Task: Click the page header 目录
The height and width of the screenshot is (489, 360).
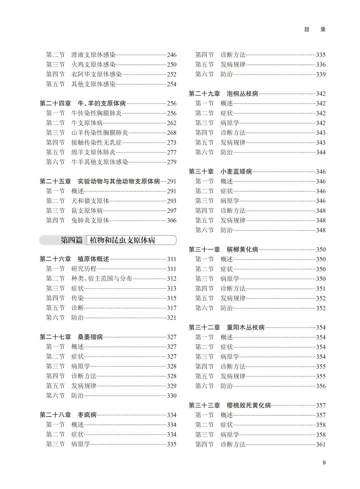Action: [x=315, y=29]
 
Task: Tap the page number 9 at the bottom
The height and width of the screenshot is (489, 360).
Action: [x=324, y=462]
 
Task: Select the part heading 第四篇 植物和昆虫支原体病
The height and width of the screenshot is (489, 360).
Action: [x=108, y=240]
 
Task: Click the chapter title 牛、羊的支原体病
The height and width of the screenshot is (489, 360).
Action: [x=102, y=103]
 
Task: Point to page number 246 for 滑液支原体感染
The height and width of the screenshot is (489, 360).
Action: [x=171, y=55]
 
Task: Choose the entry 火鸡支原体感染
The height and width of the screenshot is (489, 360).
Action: [x=93, y=65]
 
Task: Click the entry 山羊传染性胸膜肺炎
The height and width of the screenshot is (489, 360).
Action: [x=100, y=133]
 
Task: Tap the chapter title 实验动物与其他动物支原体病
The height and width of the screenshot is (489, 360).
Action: [x=119, y=181]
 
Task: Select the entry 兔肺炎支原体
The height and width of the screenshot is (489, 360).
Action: [x=90, y=220]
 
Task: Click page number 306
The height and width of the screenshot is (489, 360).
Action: [x=171, y=220]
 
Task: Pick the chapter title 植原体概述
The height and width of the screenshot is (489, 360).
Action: [x=93, y=259]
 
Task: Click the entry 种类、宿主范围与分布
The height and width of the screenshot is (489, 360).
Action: [x=102, y=279]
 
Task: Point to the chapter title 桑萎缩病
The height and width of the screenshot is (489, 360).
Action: [x=90, y=337]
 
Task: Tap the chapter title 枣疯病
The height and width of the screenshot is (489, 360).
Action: [x=87, y=415]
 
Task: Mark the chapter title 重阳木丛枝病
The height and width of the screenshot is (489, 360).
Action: [x=246, y=328]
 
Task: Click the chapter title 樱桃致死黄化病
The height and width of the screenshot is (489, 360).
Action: [x=249, y=405]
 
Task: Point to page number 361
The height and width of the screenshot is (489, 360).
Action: [x=320, y=444]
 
